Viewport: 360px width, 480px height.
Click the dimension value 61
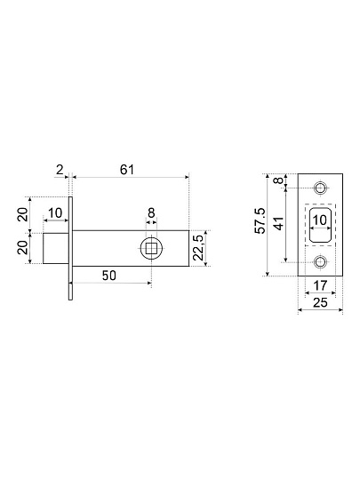pos(127,169)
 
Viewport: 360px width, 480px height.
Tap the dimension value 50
pos(109,276)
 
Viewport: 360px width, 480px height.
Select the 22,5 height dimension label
pos(199,248)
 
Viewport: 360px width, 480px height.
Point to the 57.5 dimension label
pos(261,220)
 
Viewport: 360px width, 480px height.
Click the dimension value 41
pos(279,223)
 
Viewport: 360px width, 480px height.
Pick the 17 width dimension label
pos(320,285)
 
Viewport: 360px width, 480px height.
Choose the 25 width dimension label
pos(320,302)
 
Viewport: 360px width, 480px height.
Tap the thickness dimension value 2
pos(60,169)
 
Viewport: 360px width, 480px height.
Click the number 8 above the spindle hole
pos(151,212)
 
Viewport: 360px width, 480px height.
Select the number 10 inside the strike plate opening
pos(320,220)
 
